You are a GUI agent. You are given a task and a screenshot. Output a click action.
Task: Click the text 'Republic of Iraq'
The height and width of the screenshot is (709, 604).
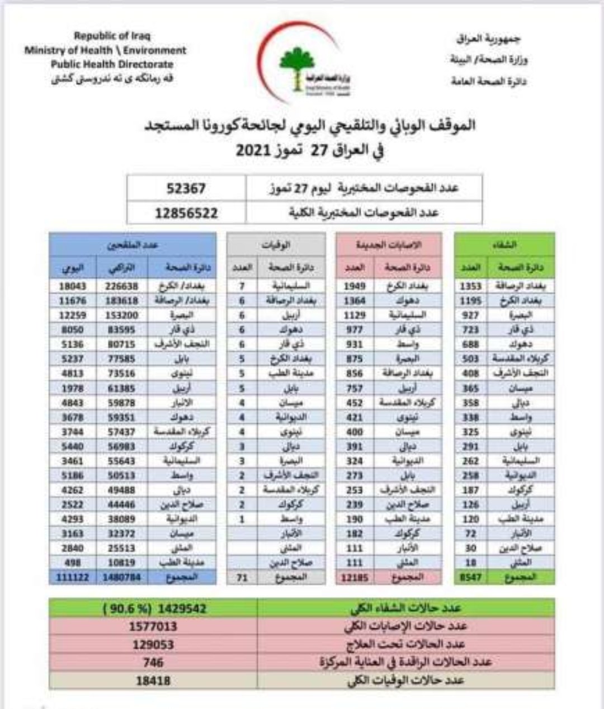(x=112, y=36)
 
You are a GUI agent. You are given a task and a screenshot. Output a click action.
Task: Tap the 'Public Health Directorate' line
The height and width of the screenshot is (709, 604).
(x=112, y=64)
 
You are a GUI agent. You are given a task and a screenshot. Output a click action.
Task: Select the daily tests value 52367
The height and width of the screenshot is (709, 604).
(x=186, y=188)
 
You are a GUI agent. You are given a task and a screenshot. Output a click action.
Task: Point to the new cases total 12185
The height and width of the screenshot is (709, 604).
(x=355, y=577)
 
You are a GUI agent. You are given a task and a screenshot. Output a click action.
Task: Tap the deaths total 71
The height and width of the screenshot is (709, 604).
(x=242, y=577)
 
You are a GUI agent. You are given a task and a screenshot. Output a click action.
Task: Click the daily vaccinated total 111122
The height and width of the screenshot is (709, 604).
(x=73, y=577)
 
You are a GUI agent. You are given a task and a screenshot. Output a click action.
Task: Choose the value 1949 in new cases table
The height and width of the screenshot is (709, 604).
(x=355, y=286)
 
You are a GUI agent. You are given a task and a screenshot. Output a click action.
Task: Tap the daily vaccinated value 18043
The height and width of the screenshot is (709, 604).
(x=73, y=286)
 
